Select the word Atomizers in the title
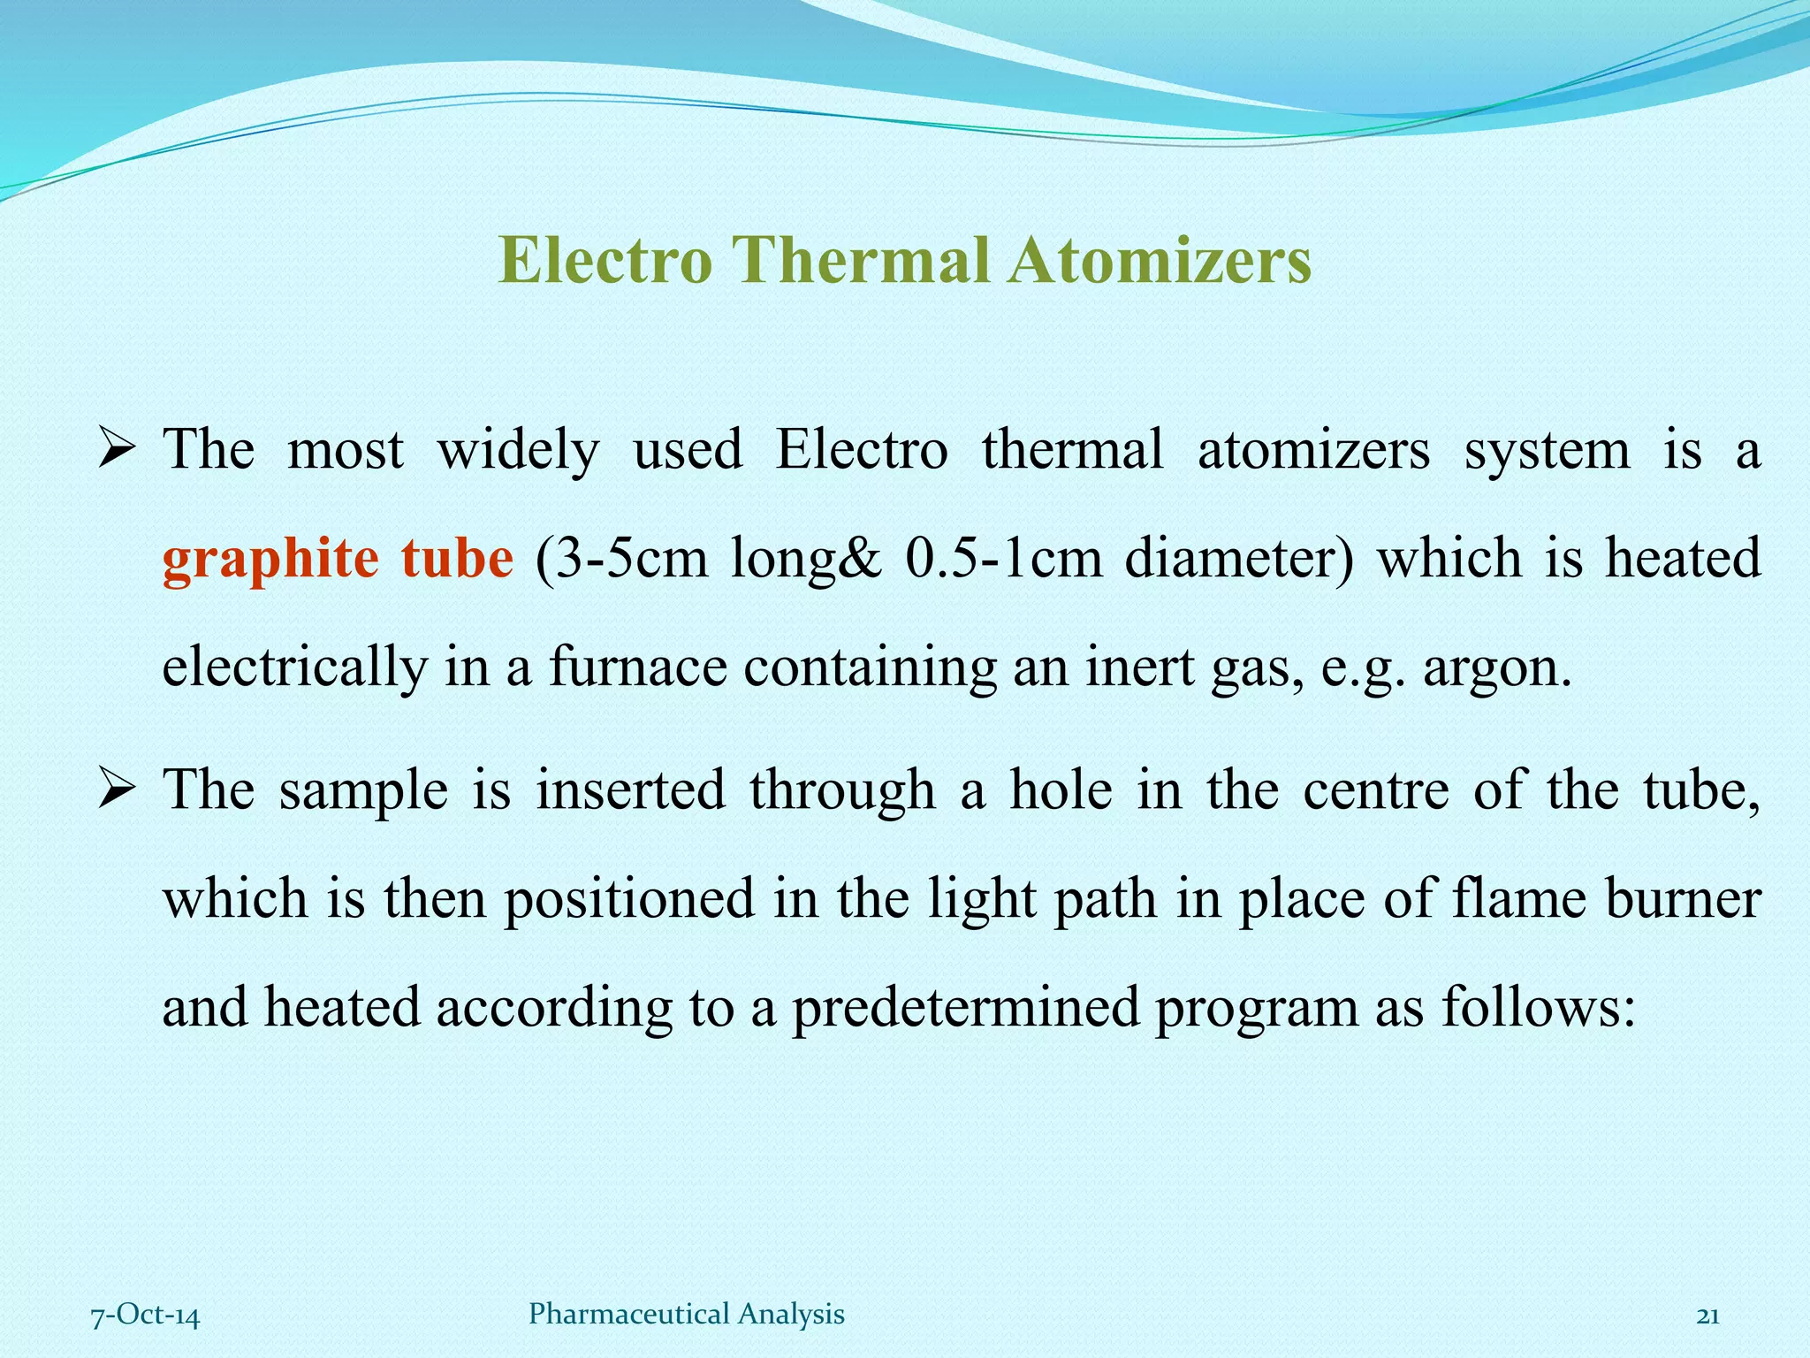click(1160, 261)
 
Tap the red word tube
click(456, 559)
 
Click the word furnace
click(637, 668)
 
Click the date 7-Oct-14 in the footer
click(145, 1316)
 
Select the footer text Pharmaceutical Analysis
click(686, 1315)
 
